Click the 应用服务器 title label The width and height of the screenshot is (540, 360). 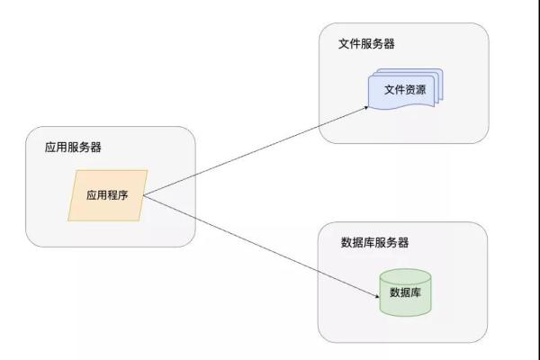click(x=73, y=147)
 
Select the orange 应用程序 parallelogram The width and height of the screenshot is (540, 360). click(x=108, y=195)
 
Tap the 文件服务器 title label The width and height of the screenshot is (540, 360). click(x=366, y=44)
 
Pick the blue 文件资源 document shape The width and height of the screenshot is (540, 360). click(x=406, y=89)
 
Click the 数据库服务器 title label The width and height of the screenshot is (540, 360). click(x=374, y=242)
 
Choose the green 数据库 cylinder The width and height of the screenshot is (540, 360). click(x=405, y=292)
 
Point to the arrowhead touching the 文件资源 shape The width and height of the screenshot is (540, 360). click(x=366, y=108)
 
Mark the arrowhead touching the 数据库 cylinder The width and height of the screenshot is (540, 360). click(x=377, y=295)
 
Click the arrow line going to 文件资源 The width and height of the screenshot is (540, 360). click(x=256, y=151)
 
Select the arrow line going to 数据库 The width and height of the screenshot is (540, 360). click(x=261, y=247)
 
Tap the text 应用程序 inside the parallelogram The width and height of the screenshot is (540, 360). click(x=107, y=195)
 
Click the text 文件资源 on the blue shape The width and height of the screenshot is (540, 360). click(x=405, y=90)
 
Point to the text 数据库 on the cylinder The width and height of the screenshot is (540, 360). click(x=405, y=292)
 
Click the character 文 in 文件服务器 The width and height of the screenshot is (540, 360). click(x=344, y=44)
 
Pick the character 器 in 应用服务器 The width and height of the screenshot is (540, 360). click(x=95, y=147)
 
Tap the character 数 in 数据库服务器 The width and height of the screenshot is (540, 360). click(x=346, y=242)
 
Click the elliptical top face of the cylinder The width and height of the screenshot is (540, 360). click(x=405, y=275)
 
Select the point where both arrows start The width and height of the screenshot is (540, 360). click(x=144, y=196)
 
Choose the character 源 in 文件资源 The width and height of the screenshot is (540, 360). click(x=421, y=90)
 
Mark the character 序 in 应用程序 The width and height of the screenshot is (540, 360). click(x=123, y=195)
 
